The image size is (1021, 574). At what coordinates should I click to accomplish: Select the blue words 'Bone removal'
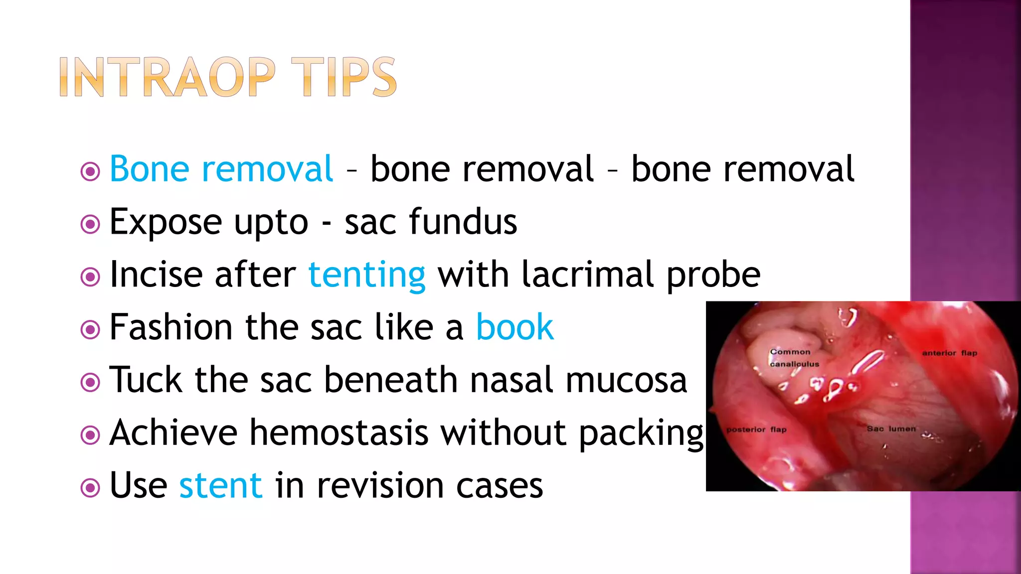pos(221,169)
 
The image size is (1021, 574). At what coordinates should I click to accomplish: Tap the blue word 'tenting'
pos(367,275)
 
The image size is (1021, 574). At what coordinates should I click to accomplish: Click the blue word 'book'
pos(514,327)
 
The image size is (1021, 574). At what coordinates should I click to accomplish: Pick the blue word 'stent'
pos(220,485)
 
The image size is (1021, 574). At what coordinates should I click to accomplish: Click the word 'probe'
pos(713,275)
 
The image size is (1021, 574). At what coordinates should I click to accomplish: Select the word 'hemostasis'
pos(339,432)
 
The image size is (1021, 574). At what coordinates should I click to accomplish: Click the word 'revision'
pos(380,485)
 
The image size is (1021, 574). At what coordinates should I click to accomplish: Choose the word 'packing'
pos(641,432)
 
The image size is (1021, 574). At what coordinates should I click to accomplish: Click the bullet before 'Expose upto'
pos(90,224)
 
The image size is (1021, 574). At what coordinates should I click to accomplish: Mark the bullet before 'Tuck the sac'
pos(90,383)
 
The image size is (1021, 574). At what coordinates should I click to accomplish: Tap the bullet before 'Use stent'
pos(90,488)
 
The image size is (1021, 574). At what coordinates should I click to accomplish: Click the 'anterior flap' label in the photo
pos(949,353)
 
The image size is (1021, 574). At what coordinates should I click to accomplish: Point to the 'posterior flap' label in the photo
pos(756,430)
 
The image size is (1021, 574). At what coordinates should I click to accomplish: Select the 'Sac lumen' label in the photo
pos(891,429)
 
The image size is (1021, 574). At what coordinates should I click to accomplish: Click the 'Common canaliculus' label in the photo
pos(794,358)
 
